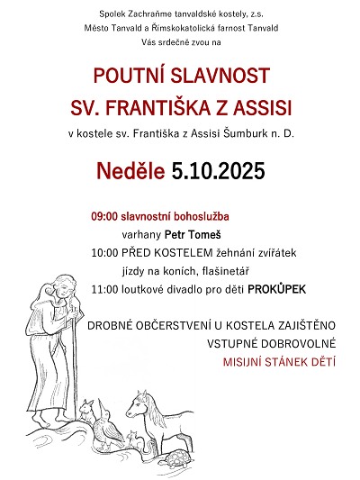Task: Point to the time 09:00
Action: coord(104,217)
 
